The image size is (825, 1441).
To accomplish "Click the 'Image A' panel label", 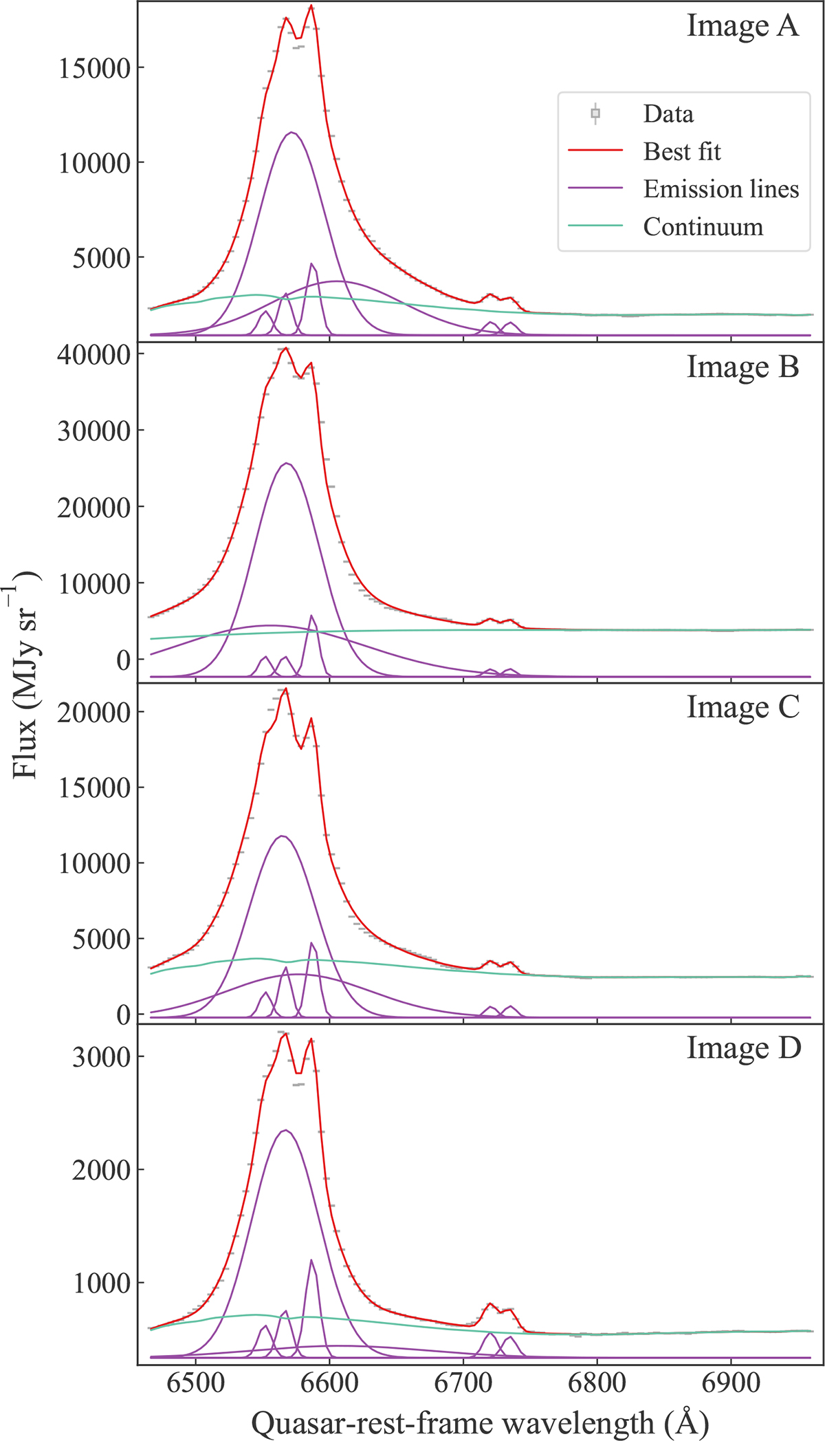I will tap(742, 26).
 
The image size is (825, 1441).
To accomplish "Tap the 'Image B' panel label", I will tap(742, 367).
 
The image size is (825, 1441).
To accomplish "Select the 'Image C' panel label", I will tap(743, 708).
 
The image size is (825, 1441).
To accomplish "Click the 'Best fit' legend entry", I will tap(681, 151).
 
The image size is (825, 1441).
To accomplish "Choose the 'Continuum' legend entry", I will tap(703, 227).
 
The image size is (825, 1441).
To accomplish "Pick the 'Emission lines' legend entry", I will tap(720, 189).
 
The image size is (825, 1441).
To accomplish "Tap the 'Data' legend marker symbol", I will tap(595, 113).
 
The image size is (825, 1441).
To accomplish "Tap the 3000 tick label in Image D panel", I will tap(101, 1057).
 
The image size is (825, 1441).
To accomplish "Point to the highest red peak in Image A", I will tap(311, 6).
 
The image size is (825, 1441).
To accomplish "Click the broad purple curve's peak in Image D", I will tap(285, 1130).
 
